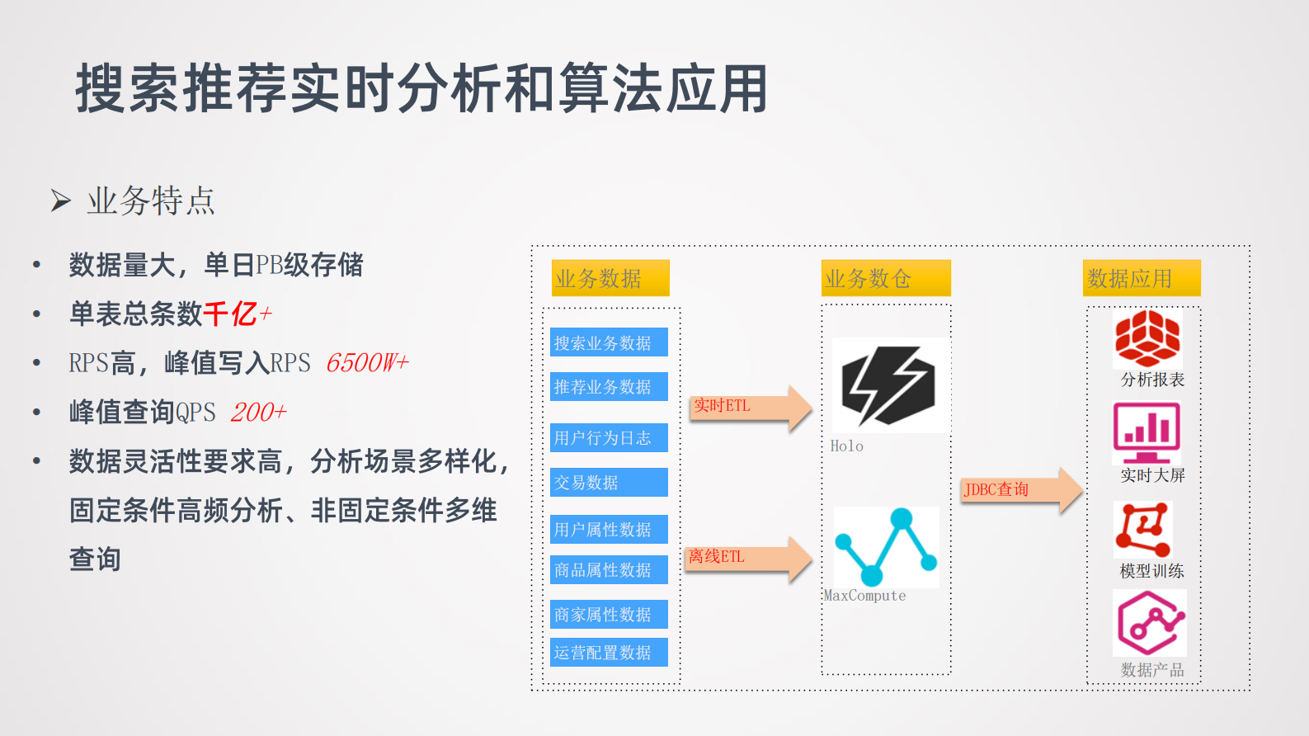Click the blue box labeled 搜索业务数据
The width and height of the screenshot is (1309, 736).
pyautogui.click(x=609, y=342)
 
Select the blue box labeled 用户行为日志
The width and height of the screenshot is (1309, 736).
pyautogui.click(x=609, y=437)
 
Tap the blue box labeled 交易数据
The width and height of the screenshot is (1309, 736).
pyautogui.click(x=609, y=482)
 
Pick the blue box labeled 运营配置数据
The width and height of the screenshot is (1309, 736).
pyautogui.click(x=609, y=652)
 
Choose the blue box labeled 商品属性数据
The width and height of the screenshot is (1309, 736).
pyautogui.click(x=609, y=569)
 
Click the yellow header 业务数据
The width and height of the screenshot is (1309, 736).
pyautogui.click(x=610, y=278)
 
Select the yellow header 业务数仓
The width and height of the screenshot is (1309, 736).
pyautogui.click(x=886, y=278)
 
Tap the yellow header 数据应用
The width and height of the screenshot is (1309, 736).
pyautogui.click(x=1141, y=278)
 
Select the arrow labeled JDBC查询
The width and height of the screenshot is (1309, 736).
pyautogui.click(x=1019, y=490)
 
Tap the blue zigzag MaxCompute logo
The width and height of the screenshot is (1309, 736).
pyautogui.click(x=887, y=546)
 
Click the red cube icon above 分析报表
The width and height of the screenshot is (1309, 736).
pyautogui.click(x=1147, y=338)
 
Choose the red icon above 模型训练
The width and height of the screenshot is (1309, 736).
pyautogui.click(x=1143, y=529)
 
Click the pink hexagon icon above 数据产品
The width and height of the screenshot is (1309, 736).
pyautogui.click(x=1150, y=623)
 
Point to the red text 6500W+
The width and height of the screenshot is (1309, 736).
pyautogui.click(x=367, y=363)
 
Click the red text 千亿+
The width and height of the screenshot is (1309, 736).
pyautogui.click(x=238, y=314)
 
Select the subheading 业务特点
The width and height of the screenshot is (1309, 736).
pyautogui.click(x=151, y=201)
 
